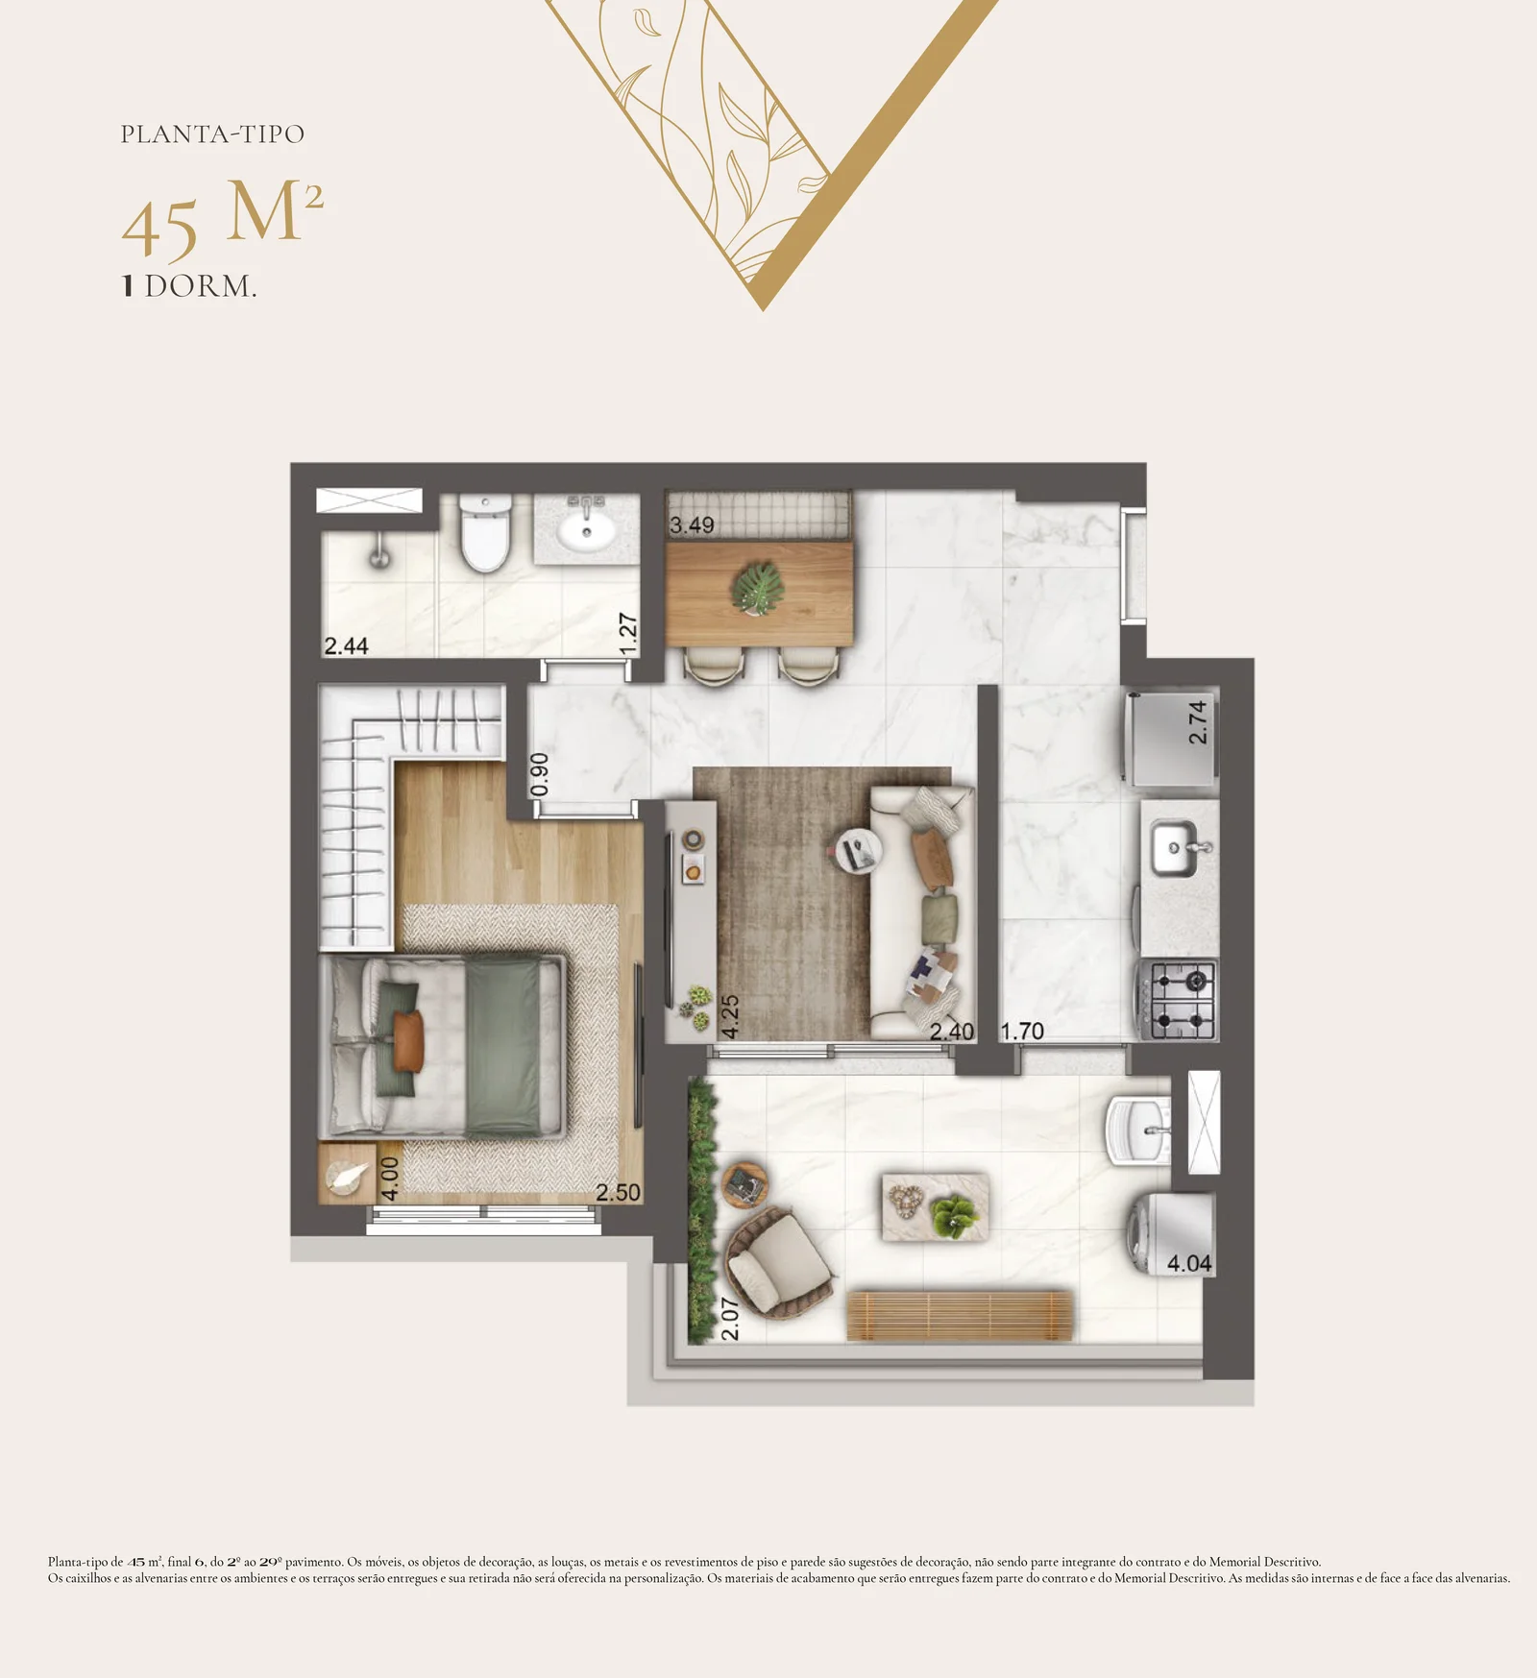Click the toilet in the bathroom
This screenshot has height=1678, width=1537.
(484, 533)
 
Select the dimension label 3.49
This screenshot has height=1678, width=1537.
(692, 525)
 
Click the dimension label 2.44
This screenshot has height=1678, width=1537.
(346, 645)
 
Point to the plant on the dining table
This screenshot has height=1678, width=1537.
(757, 586)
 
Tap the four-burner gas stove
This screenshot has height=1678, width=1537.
(1179, 1000)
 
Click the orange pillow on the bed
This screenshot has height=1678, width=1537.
(408, 1040)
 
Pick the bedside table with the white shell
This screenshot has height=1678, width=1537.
(347, 1173)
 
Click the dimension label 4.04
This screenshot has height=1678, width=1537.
(1189, 1263)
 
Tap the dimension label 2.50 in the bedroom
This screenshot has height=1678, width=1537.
(618, 1192)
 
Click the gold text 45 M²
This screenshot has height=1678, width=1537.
(223, 219)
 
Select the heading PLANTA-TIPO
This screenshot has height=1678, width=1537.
(212, 134)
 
